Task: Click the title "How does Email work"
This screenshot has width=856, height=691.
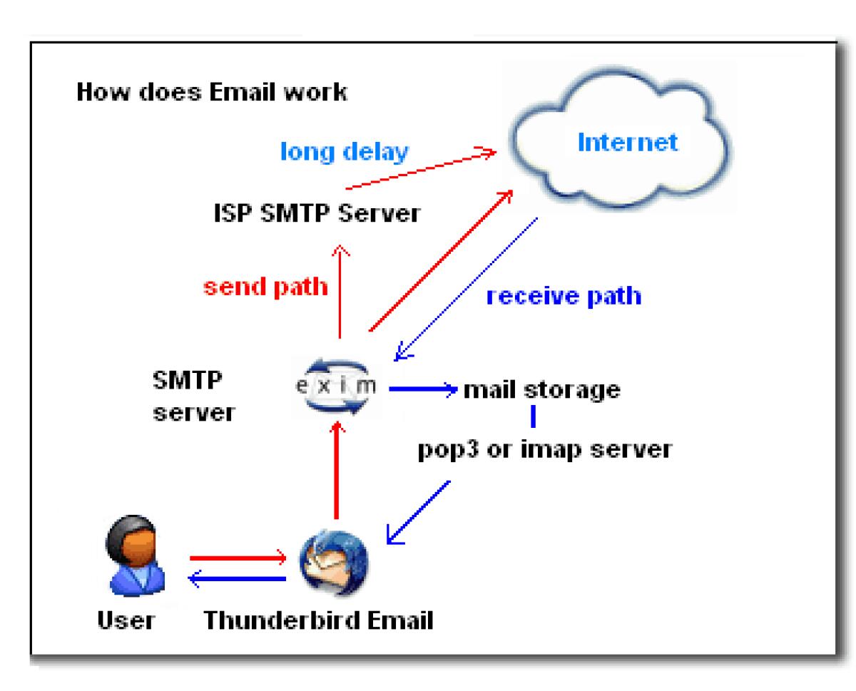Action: coord(212,93)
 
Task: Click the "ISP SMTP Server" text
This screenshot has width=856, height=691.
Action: coord(316,213)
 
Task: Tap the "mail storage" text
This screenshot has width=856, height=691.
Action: coord(541,389)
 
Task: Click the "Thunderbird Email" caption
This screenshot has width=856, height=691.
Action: coord(318,620)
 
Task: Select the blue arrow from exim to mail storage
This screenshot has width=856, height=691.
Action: coord(422,389)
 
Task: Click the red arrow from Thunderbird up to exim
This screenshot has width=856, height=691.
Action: coord(336,471)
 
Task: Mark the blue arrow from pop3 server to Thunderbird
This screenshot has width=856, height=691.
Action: coord(417,511)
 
